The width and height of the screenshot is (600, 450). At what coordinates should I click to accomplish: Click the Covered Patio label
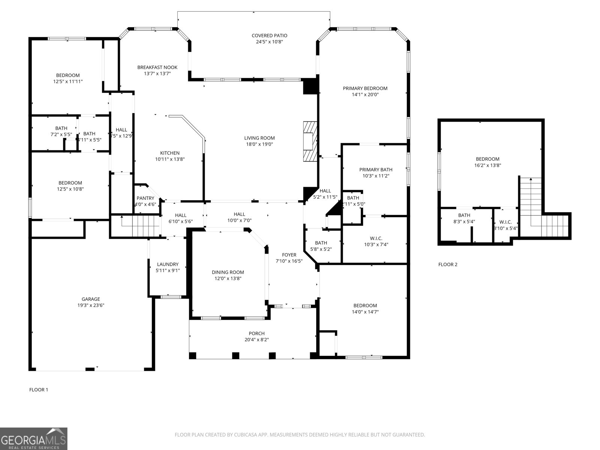pos(269,36)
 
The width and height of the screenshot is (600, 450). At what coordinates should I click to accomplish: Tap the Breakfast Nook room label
pos(157,67)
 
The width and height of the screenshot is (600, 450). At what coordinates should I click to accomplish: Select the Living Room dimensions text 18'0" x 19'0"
pos(259,144)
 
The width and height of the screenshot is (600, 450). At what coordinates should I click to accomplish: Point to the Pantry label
pos(145,198)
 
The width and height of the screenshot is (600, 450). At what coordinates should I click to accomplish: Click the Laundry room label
pos(168,264)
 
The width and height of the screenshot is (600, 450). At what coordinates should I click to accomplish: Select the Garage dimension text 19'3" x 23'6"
pos(91,305)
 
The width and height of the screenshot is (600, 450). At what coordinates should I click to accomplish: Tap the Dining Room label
pos(228,272)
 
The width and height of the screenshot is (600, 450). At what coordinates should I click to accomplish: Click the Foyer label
pos(289,255)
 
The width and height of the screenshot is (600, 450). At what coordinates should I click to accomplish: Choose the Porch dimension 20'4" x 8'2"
pos(256,340)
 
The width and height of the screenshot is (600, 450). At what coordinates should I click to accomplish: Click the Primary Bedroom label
pos(365,88)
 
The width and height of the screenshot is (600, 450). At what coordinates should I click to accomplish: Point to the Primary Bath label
pos(375,169)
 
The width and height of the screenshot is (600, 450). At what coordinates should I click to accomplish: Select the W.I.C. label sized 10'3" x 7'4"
pos(376,238)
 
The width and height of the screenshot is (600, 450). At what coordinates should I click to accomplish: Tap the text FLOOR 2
pos(448,264)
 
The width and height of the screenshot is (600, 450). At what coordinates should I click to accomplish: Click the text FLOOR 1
pos(39,390)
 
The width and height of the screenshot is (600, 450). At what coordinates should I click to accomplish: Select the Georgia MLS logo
pos(33,438)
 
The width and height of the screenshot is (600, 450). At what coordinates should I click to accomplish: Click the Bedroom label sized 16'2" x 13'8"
pos(487,159)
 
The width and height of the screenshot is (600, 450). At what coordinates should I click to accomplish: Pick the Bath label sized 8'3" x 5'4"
pos(464,215)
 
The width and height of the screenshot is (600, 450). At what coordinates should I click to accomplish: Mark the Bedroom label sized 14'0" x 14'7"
pos(365,306)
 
